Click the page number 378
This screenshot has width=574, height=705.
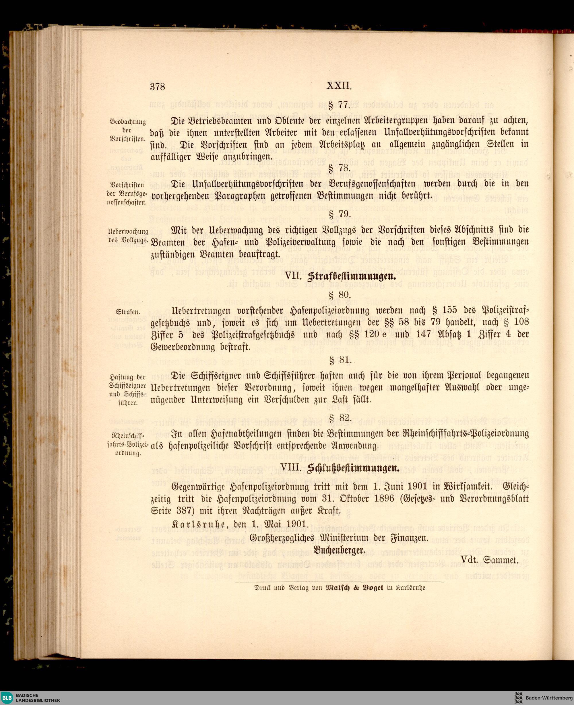click(x=157, y=87)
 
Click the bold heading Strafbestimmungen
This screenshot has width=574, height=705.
click(x=352, y=277)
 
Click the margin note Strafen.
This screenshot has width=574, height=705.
click(x=128, y=312)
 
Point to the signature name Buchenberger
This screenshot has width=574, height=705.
click(x=339, y=551)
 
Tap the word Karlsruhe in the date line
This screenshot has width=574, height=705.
click(x=199, y=524)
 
